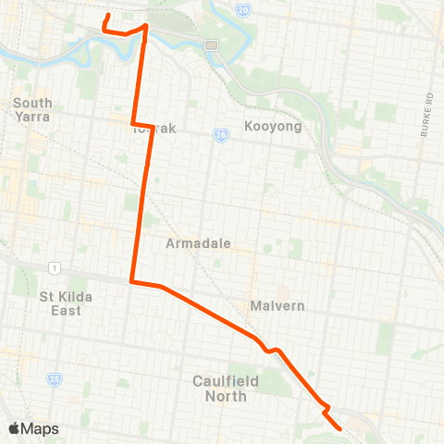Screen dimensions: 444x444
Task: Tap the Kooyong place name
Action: [274, 126]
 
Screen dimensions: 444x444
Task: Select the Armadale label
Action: [198, 244]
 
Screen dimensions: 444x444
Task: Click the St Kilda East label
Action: [60, 303]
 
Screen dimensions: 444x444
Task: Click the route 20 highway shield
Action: [242, 10]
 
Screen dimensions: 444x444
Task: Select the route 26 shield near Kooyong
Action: [221, 134]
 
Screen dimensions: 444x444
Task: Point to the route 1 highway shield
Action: [55, 267]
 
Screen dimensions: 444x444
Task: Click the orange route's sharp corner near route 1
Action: [131, 281]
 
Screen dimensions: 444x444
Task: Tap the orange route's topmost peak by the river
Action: [145, 25]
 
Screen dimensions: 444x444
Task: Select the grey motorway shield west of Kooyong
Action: [211, 44]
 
